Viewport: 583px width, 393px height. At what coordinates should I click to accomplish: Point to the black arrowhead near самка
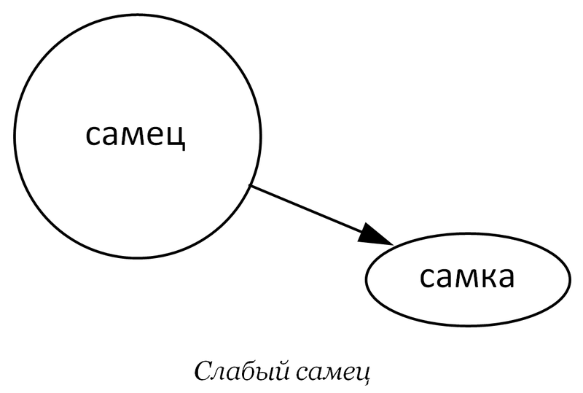pos(378,236)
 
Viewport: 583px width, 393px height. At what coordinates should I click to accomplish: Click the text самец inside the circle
pos(136,136)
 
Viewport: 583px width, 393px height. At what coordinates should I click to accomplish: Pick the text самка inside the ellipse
pos(467,278)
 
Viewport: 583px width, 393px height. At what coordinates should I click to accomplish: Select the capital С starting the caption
pos(203,370)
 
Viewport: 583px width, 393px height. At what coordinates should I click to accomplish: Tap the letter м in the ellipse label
pos(461,278)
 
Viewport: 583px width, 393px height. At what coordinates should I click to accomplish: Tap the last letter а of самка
pos(502,278)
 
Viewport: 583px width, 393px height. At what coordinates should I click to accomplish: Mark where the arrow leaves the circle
pos(251,186)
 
